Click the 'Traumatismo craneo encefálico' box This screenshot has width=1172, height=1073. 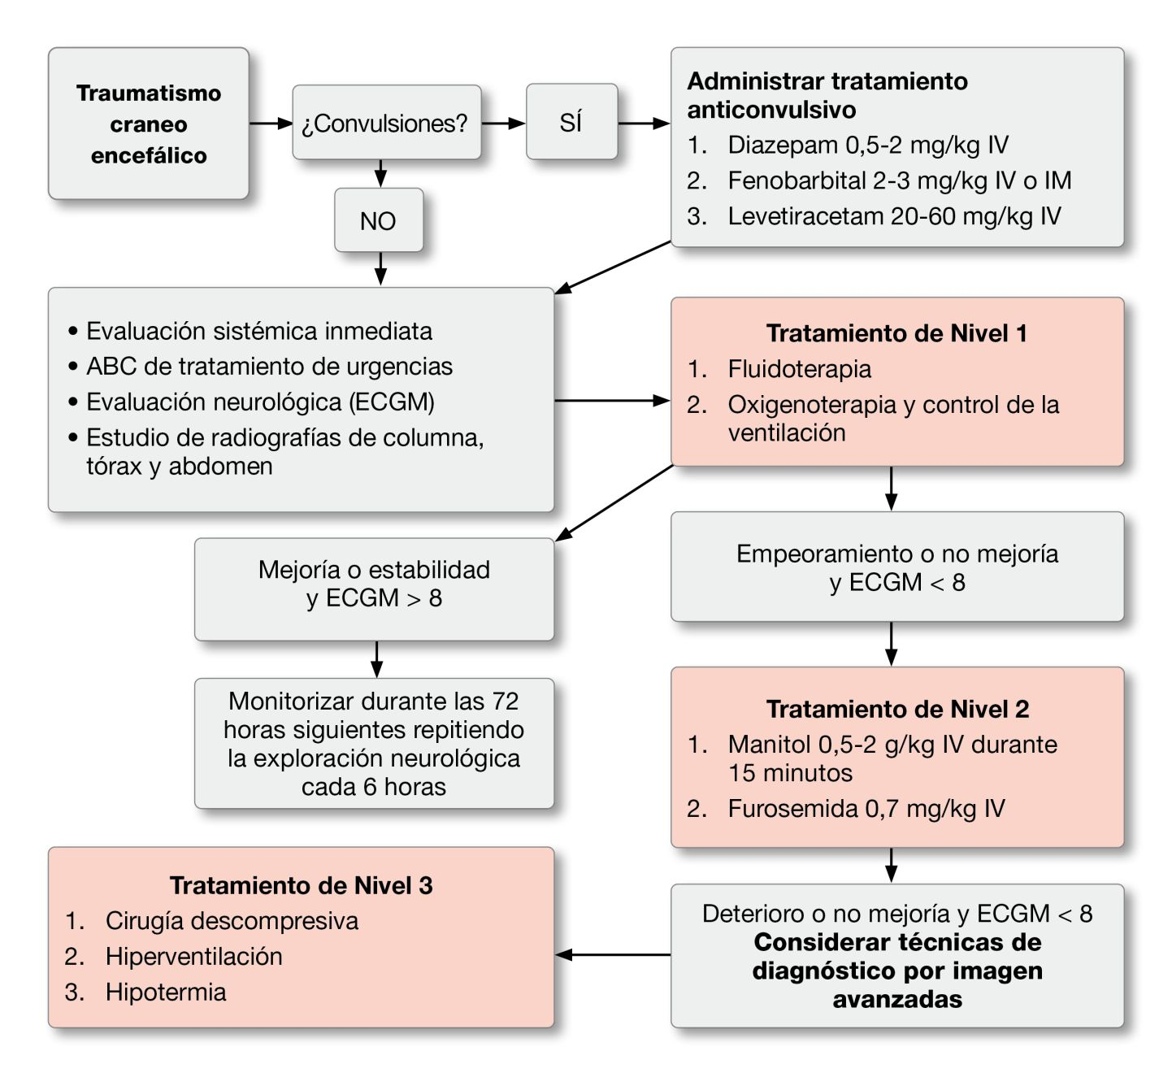pyautogui.click(x=149, y=124)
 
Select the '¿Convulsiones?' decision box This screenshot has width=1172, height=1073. pyautogui.click(x=385, y=123)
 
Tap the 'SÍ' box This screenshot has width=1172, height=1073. pyautogui.click(x=571, y=122)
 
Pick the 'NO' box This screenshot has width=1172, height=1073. pyautogui.click(x=378, y=220)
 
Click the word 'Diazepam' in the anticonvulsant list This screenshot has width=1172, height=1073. pyautogui.click(x=783, y=145)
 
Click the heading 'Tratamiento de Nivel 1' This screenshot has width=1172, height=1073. pyautogui.click(x=896, y=333)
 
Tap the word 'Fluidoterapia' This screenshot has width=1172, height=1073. pyautogui.click(x=799, y=369)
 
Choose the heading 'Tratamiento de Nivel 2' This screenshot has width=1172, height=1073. pyautogui.click(x=897, y=709)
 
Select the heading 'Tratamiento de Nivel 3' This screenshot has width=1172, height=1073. pyautogui.click(x=301, y=885)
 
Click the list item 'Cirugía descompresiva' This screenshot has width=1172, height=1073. pyautogui.click(x=232, y=921)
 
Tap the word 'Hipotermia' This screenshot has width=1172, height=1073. pyautogui.click(x=166, y=993)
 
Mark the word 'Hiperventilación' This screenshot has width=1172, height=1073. pyautogui.click(x=193, y=957)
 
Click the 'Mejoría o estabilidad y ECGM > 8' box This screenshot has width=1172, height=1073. pyautogui.click(x=374, y=584)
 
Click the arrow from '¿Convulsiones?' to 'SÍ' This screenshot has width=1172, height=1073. pyautogui.click(x=504, y=124)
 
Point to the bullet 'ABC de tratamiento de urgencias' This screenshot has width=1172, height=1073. pyautogui.click(x=269, y=367)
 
